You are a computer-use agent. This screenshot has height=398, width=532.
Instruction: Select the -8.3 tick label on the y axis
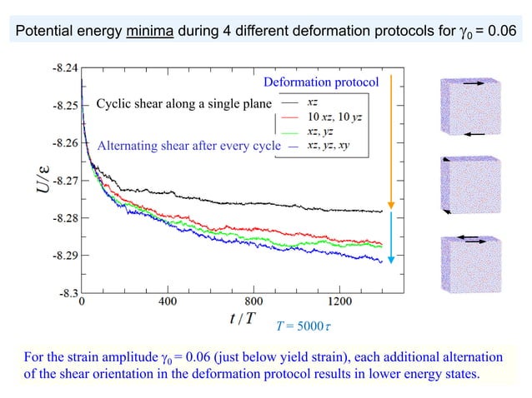[x=69, y=293]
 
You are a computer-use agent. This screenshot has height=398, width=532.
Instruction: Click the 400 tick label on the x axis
[x=168, y=301]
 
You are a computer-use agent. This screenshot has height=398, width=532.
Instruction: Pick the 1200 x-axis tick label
[x=340, y=301]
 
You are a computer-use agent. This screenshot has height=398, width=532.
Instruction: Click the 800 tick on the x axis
[x=254, y=301]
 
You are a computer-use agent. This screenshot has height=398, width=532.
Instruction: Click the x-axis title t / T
[x=242, y=319]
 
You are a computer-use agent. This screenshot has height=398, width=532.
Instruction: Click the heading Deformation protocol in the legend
[x=321, y=82]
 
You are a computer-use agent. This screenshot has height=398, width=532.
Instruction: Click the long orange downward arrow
[x=389, y=142]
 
